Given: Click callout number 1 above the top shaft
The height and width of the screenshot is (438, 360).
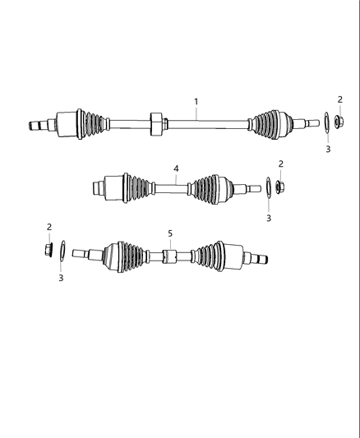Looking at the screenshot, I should (x=196, y=102).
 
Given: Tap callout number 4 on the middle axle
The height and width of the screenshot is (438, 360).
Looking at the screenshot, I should (x=176, y=168).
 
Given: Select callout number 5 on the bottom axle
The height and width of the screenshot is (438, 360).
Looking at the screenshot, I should (x=170, y=234).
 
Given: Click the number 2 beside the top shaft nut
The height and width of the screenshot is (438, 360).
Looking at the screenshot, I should (x=339, y=99).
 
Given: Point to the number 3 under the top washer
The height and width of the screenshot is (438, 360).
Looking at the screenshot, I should (x=327, y=150).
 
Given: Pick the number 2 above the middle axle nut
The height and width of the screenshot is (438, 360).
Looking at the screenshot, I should (x=280, y=164).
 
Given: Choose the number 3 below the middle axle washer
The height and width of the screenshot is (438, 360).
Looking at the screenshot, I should (x=267, y=218).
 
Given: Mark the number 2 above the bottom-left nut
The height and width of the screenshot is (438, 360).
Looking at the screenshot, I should (x=48, y=227).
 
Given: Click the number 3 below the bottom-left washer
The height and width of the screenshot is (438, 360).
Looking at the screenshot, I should (x=61, y=278).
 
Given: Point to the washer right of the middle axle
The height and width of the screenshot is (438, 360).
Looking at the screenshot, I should (x=268, y=188).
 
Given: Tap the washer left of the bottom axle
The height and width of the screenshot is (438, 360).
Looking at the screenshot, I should (x=62, y=250).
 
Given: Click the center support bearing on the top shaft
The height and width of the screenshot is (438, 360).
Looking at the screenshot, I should (x=155, y=122).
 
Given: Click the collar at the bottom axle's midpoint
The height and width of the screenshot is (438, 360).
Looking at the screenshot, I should (x=168, y=256).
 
